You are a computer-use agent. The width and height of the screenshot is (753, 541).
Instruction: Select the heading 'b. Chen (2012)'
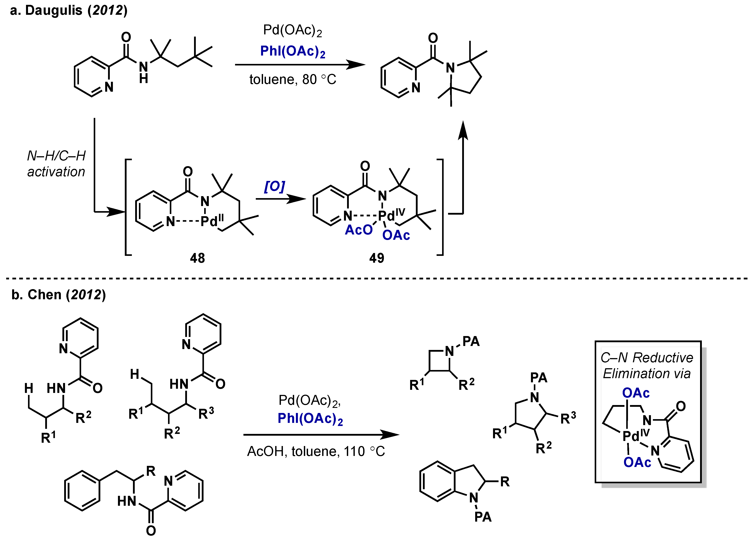(x=58, y=295)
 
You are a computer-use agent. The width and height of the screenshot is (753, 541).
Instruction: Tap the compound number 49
(x=377, y=258)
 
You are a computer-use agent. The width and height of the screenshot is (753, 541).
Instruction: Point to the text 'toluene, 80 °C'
(x=293, y=80)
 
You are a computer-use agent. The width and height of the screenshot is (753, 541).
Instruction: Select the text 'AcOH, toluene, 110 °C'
(x=316, y=451)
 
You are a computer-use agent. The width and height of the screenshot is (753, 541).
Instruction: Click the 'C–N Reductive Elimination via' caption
(x=647, y=365)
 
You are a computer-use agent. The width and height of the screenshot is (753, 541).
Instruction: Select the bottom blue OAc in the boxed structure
(x=637, y=462)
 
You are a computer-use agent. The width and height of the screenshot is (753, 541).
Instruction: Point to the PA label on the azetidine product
(x=471, y=341)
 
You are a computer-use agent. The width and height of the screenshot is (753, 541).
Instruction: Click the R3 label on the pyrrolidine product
(x=568, y=418)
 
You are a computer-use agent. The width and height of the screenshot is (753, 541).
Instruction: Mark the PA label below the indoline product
(x=483, y=517)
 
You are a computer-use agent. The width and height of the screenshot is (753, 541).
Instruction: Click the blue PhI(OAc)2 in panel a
(x=293, y=51)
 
